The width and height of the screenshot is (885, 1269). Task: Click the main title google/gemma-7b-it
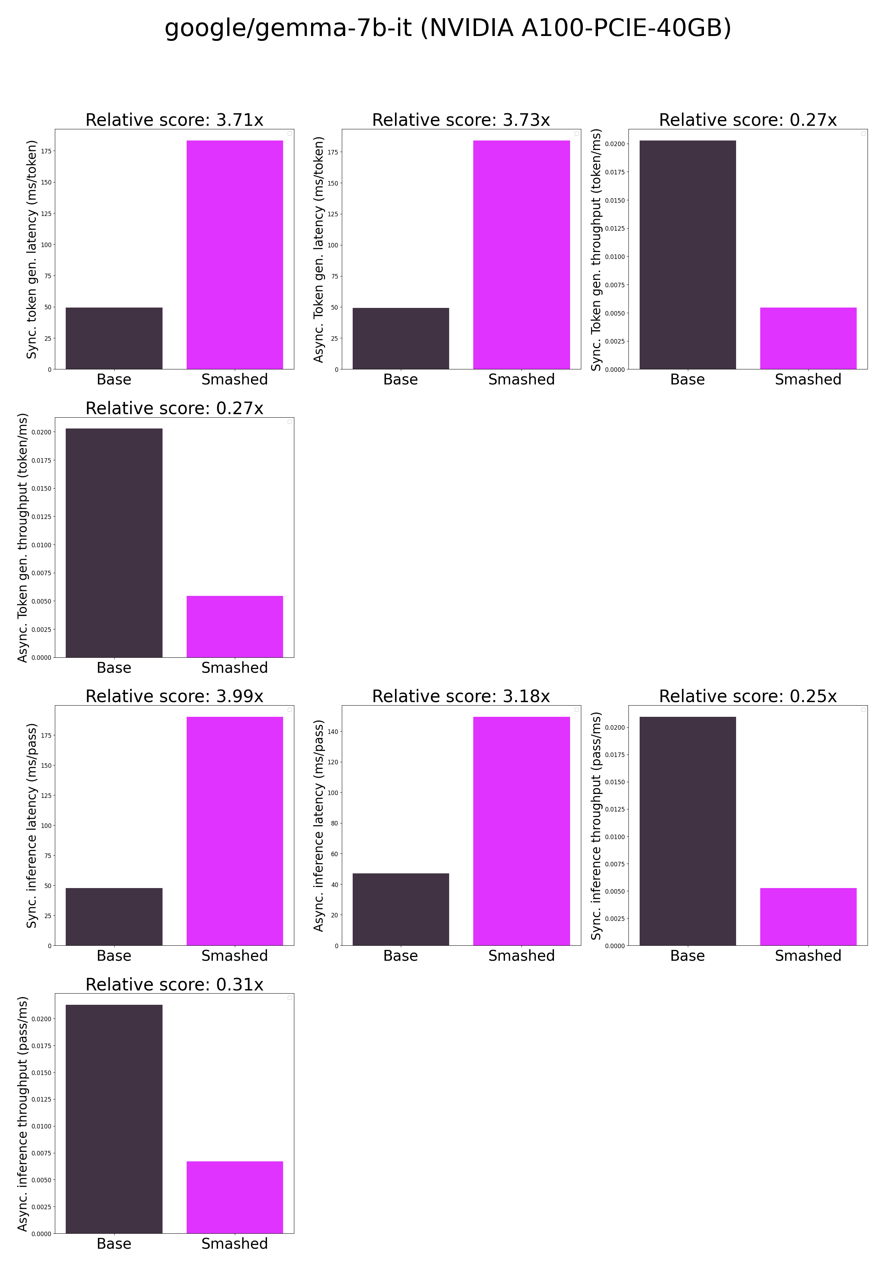coord(448,28)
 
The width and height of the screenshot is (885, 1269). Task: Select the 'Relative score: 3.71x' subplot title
coord(174,120)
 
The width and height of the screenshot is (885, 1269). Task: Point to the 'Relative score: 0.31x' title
coord(174,985)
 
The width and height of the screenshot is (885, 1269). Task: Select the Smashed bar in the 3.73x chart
coord(521,254)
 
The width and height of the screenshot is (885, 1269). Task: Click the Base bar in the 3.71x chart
coord(114,338)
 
